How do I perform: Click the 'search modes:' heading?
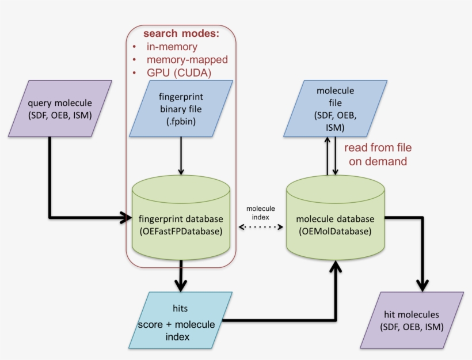click(181, 33)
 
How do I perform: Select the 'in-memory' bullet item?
click(172, 47)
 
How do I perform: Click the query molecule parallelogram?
click(60, 109)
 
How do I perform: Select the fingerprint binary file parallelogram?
click(181, 108)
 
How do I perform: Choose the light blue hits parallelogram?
click(180, 320)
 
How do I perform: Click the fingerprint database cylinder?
click(181, 219)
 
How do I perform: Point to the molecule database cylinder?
click(335, 219)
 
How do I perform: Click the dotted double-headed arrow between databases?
click(262, 227)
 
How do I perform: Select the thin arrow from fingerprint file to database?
click(181, 156)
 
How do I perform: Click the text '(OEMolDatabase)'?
click(335, 231)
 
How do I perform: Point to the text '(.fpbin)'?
click(181, 122)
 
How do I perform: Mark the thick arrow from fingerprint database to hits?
click(181, 275)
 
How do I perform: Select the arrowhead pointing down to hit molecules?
click(421, 285)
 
